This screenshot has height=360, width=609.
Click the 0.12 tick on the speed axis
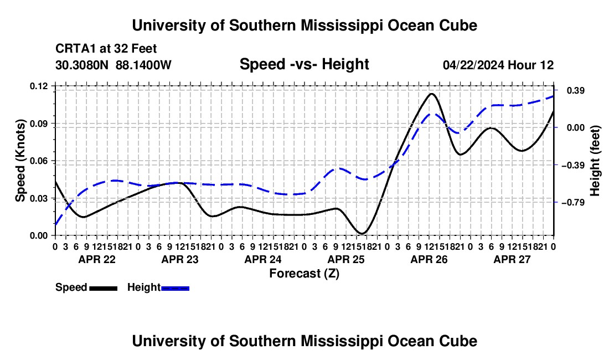click(39, 86)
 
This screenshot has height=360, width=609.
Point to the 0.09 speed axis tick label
click(39, 124)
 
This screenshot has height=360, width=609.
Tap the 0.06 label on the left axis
click(39, 161)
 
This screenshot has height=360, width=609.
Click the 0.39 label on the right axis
click(575, 90)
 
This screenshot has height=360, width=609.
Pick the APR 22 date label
click(97, 259)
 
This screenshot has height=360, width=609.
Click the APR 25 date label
click(345, 259)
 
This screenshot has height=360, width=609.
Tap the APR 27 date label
click(512, 259)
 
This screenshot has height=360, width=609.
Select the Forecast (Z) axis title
click(304, 274)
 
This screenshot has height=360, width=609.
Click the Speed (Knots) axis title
click(20, 161)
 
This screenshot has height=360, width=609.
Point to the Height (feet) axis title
click(595, 161)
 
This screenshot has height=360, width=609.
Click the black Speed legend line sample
click(104, 288)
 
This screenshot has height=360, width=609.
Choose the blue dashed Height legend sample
click(175, 288)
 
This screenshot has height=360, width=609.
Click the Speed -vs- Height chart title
click(304, 64)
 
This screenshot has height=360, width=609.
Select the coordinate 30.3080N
click(81, 65)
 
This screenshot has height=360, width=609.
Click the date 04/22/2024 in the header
click(473, 65)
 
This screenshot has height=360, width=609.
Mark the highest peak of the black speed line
click(431, 94)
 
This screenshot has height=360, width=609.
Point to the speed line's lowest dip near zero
click(362, 233)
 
